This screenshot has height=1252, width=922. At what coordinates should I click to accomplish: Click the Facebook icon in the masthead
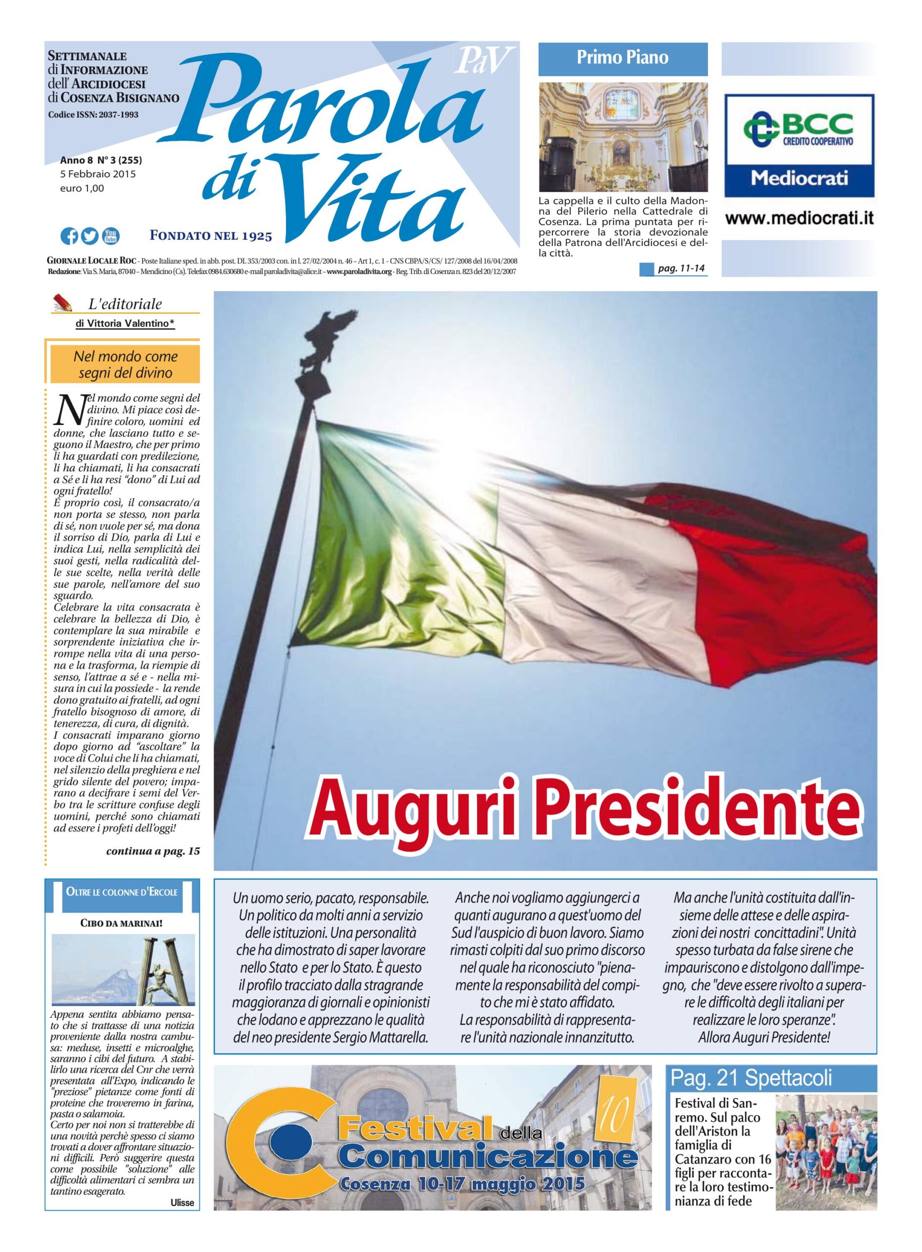pos(69,236)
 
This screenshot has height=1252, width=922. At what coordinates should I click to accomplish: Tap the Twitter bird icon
pos(89,236)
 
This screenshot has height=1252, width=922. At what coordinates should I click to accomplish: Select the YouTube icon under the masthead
pos(110,236)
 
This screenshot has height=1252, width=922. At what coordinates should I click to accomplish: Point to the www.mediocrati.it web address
pos(799,219)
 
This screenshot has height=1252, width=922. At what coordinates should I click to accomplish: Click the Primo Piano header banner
pos(622,58)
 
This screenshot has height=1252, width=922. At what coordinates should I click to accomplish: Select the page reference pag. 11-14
pos(681,269)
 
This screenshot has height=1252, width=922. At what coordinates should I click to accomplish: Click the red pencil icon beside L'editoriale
pos(63,303)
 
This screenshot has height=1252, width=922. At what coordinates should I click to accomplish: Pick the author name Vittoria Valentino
pos(125,323)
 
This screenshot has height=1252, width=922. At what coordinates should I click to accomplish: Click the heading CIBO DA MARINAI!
pos(122,923)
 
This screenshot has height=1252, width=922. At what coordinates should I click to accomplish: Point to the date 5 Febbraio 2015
pos(98,174)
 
